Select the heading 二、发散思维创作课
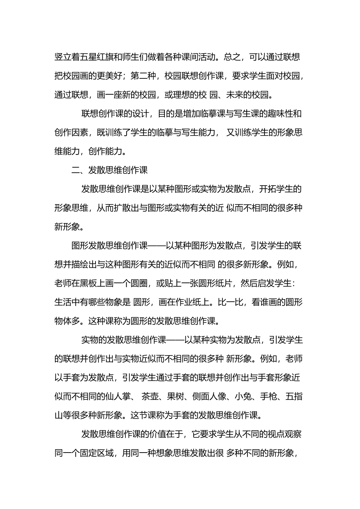[110, 170]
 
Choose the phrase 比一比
[230, 302]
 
